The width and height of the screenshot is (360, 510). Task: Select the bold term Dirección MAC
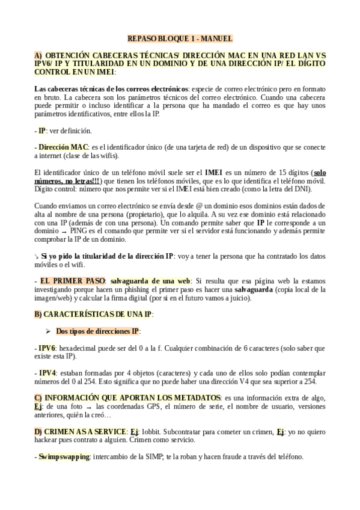tap(63, 147)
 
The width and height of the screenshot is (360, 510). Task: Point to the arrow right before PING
tap(63, 231)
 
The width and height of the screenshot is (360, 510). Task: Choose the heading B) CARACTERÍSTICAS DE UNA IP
tap(94, 314)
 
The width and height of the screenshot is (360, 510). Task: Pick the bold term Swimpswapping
tap(64, 456)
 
